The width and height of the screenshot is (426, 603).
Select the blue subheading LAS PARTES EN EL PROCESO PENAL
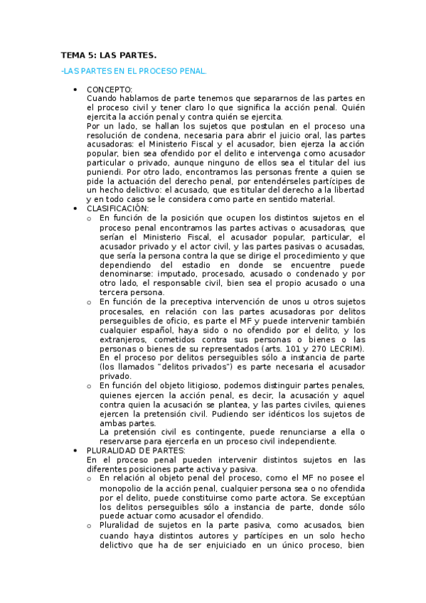[134, 71]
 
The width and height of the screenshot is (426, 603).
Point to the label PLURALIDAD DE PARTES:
[136, 450]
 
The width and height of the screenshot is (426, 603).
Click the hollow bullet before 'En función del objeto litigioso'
[89, 385]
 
